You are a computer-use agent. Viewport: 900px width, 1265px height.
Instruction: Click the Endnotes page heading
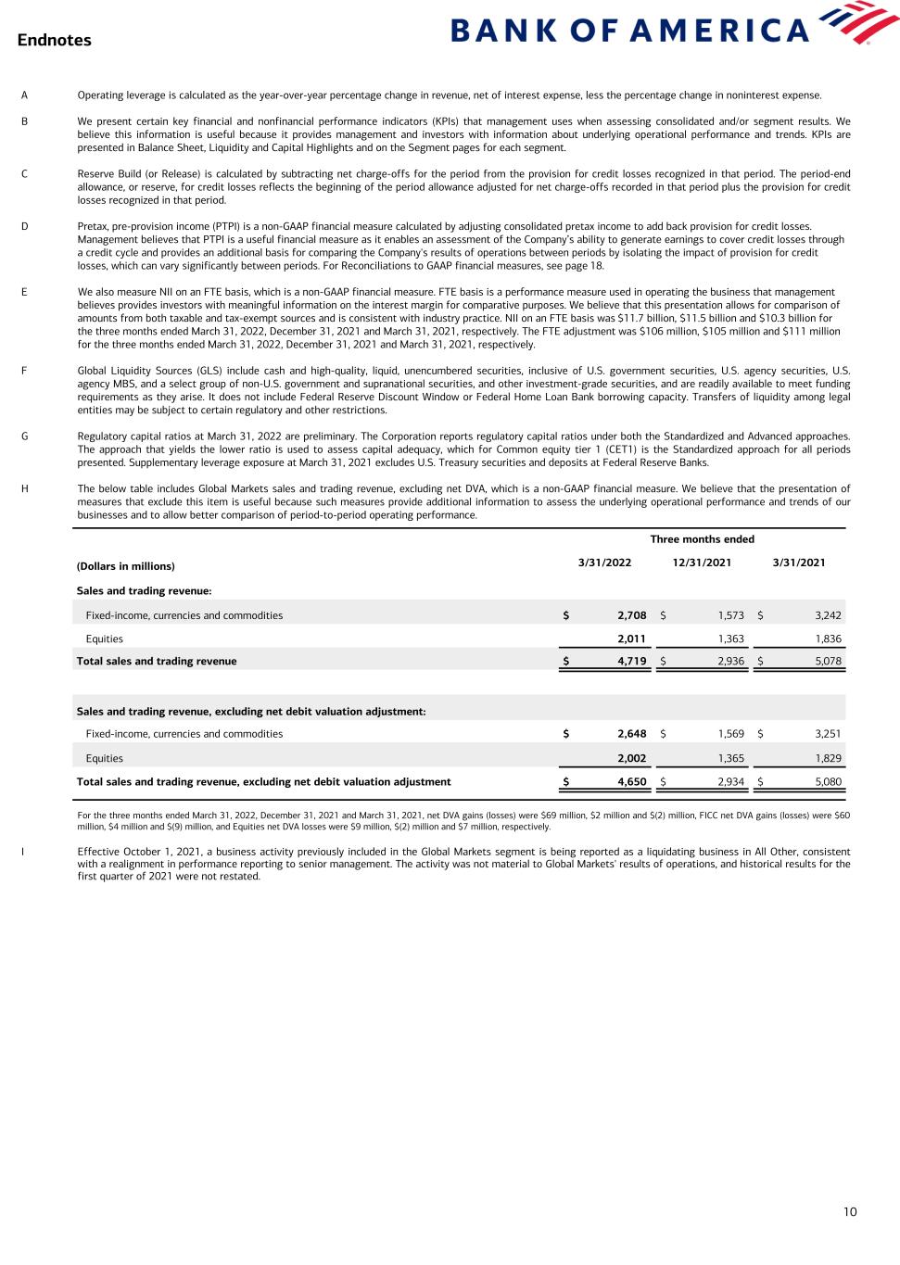(54, 40)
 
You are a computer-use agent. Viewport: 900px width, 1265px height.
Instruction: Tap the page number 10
(850, 1211)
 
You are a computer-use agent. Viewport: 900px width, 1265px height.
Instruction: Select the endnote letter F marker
(24, 371)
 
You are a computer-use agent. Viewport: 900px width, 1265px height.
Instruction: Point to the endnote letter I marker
(24, 851)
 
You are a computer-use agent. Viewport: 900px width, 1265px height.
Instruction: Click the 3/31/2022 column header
(604, 563)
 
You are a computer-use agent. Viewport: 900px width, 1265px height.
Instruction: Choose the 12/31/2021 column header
(702, 563)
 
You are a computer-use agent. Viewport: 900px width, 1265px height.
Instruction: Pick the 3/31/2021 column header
(798, 563)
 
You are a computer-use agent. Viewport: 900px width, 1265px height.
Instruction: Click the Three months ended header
(702, 539)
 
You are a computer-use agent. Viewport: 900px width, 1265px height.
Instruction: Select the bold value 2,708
(631, 615)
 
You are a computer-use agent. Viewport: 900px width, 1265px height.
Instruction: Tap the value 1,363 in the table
(730, 639)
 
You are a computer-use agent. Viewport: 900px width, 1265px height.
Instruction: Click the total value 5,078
(828, 661)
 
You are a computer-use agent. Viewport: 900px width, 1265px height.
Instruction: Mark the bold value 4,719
(631, 661)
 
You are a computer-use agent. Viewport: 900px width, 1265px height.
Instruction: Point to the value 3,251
(828, 734)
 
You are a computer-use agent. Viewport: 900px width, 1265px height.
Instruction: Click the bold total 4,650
(631, 781)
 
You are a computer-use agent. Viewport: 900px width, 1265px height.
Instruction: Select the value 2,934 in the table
(730, 781)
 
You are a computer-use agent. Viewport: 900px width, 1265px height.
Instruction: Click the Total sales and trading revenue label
(156, 661)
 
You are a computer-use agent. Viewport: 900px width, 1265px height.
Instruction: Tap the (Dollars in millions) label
(125, 566)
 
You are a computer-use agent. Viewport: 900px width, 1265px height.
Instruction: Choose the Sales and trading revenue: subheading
(135, 590)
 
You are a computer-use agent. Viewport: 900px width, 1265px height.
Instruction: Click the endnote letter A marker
(24, 95)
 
